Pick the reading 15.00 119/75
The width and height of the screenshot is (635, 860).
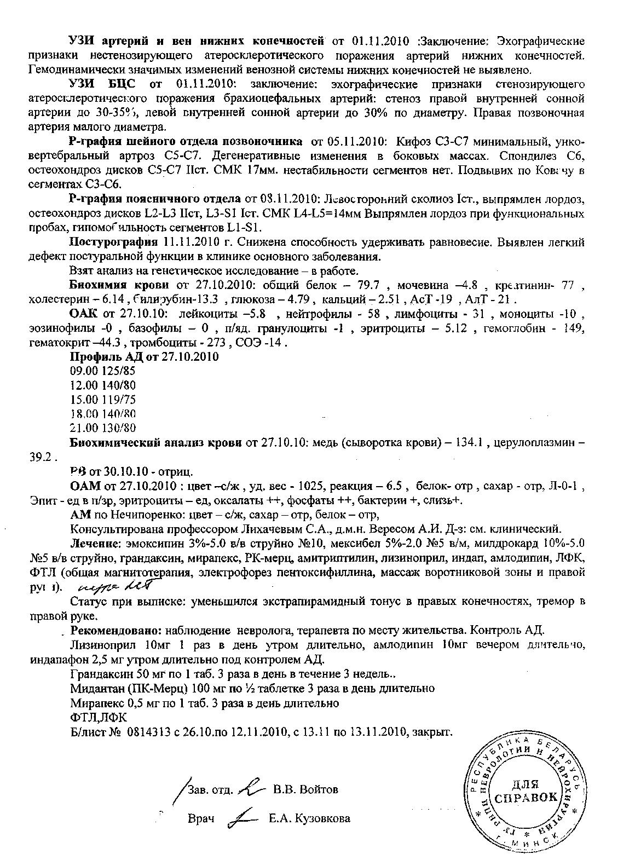[x=103, y=400]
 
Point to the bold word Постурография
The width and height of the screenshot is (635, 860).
[x=113, y=242]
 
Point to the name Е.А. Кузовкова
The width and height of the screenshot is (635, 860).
[x=309, y=819]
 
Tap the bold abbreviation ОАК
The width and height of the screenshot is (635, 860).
[x=83, y=314]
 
